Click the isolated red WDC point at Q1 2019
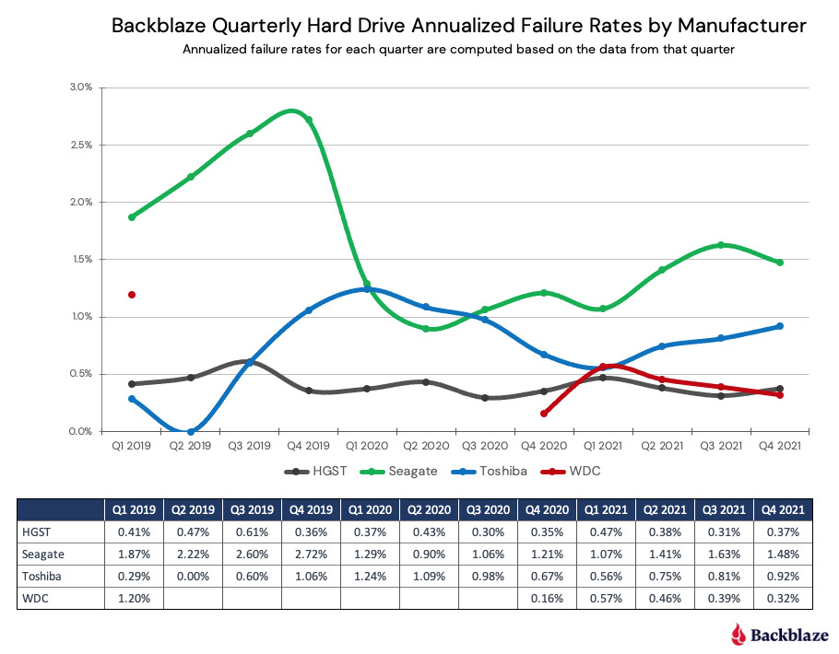coord(132,295)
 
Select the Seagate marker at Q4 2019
coord(309,120)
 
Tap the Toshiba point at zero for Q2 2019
coord(191,431)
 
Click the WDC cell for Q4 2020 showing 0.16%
coord(547,598)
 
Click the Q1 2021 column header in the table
coord(606,508)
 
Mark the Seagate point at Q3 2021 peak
coord(721,245)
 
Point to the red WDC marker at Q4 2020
coord(544,414)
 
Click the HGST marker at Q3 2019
coord(250,362)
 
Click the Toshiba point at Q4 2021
coord(780,326)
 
